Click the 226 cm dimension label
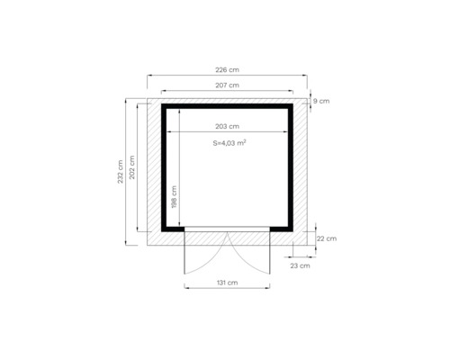(227, 69)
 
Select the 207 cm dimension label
(227, 85)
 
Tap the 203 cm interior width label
(227, 127)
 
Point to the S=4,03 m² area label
(229, 142)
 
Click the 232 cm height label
(120, 172)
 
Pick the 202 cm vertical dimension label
(133, 167)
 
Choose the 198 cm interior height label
(174, 196)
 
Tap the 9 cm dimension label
(321, 102)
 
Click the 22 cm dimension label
(327, 238)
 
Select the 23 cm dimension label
(300, 265)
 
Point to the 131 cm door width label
(227, 283)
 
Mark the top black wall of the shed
(227, 106)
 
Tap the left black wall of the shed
(165, 167)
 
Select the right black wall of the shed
(291, 167)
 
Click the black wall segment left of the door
(174, 229)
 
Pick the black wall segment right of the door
(281, 229)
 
